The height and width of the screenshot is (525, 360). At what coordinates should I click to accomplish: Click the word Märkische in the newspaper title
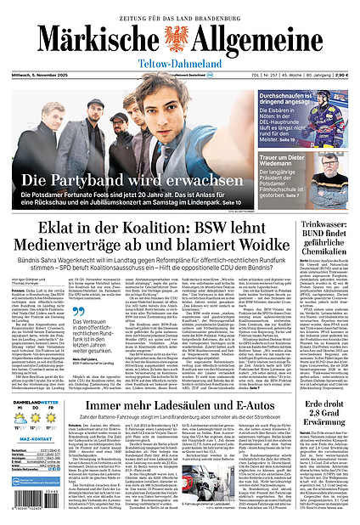pyautogui.click(x=88, y=39)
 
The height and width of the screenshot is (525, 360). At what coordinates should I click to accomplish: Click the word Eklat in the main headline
pyautogui.click(x=62, y=229)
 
